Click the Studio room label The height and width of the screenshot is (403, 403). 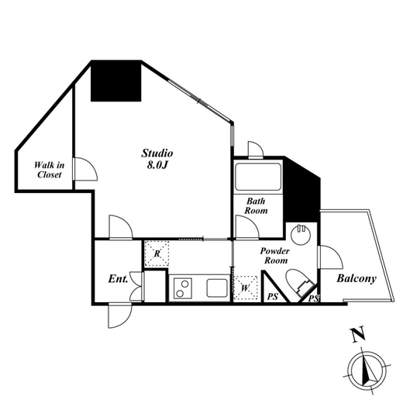tap(157, 153)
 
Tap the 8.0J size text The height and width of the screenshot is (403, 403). tap(157, 165)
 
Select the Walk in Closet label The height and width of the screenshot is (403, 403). tap(49, 170)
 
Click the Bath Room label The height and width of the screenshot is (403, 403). tap(256, 206)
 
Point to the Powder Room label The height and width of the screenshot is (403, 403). tap(275, 256)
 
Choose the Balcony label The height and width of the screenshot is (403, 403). tap(356, 279)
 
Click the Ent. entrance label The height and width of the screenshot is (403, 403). tap(118, 279)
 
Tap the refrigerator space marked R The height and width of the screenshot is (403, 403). tap(157, 253)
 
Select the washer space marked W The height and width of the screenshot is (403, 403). tap(245, 288)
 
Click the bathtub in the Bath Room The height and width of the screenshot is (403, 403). tap(258, 177)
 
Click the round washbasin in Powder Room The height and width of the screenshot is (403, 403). tap(300, 235)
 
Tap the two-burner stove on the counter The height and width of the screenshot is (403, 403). tap(183, 288)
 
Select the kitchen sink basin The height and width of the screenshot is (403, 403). tap(217, 288)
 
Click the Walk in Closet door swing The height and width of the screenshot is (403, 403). tap(85, 169)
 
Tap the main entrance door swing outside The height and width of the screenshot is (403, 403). tap(120, 315)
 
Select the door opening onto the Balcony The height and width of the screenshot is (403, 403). tap(331, 257)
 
